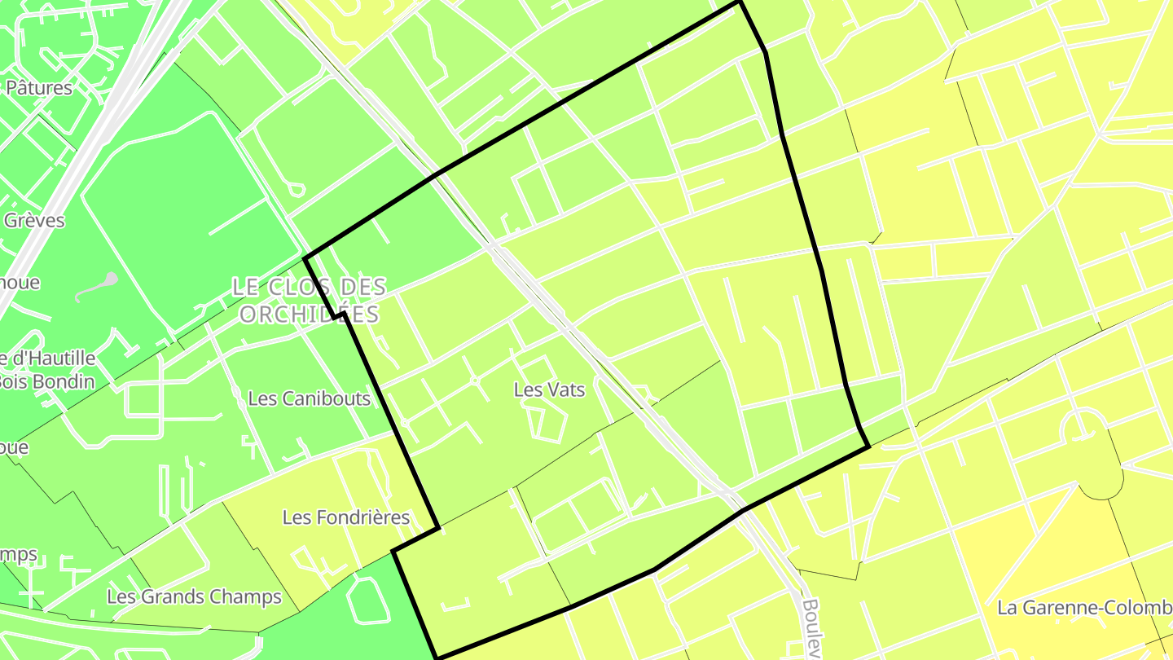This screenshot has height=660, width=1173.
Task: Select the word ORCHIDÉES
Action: [x=310, y=315]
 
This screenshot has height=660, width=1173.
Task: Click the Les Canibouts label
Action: [x=309, y=398]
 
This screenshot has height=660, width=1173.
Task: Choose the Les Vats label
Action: [x=549, y=390]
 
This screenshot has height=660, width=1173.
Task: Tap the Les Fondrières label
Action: [x=345, y=517]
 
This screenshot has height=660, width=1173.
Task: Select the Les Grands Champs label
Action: [x=194, y=597]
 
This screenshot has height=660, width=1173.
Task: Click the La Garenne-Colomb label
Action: [x=1084, y=608]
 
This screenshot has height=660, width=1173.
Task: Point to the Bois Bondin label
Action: [x=47, y=381]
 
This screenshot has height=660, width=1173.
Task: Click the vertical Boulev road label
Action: [x=810, y=628]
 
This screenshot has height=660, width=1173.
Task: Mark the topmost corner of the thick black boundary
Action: [x=739, y=2]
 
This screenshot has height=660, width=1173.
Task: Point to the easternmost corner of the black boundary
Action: [x=869, y=446]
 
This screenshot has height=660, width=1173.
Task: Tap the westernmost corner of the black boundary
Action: [x=305, y=259]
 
